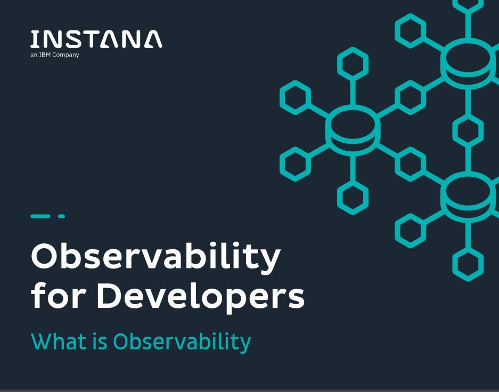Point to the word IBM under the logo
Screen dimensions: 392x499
[45, 55]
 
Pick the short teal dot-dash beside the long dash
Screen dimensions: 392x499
[61, 216]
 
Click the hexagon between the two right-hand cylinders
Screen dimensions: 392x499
[468, 129]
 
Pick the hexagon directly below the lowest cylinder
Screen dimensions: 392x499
[468, 263]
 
